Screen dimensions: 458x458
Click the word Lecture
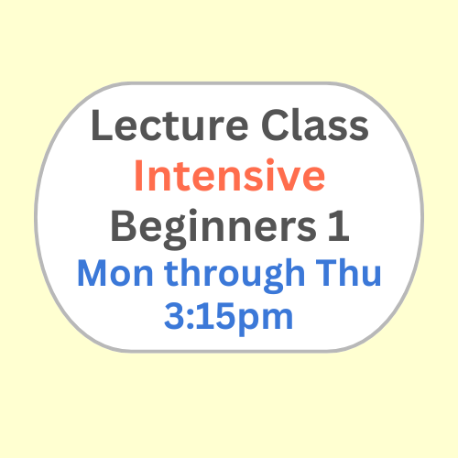pos(169,125)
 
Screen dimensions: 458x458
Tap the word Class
pos(315,125)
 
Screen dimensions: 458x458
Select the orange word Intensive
pos(230,175)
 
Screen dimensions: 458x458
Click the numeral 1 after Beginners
pos(339,226)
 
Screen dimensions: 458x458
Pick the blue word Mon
pos(115,273)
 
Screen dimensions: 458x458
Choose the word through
pos(234,276)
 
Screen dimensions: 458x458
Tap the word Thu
pos(348,272)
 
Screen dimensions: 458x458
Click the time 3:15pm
pos(229,318)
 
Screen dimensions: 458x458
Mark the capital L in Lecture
pos(102,125)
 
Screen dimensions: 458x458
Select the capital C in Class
pos(275,125)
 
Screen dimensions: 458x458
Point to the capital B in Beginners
pos(124,226)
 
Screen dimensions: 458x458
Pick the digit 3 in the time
pos(174,316)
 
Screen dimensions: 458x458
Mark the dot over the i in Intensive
pos(261,162)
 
